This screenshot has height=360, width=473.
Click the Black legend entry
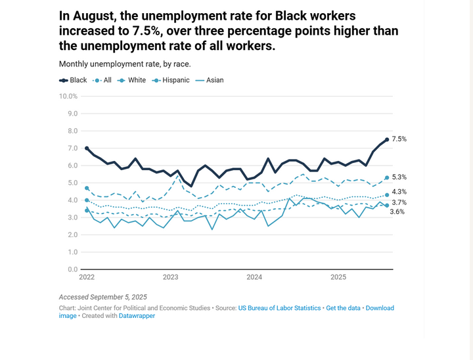[x=74, y=80]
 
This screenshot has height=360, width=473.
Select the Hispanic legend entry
[x=172, y=80]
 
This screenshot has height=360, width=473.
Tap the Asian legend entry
[x=210, y=80]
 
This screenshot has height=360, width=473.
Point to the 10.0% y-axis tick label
[x=68, y=96]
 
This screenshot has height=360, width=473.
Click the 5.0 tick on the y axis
[x=72, y=183]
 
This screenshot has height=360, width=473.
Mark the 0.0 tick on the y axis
[x=72, y=269]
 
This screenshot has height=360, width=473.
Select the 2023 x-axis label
[x=170, y=277]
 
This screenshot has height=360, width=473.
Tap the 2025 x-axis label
[x=338, y=277]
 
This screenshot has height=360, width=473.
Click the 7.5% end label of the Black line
[x=399, y=139]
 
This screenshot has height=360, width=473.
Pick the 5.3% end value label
[x=399, y=177]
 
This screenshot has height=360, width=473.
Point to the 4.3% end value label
[x=399, y=192]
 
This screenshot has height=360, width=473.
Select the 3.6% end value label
[x=397, y=212]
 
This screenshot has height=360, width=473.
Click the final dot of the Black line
[x=386, y=139]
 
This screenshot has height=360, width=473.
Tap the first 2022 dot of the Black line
[x=87, y=148]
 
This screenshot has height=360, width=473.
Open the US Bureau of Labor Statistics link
[x=279, y=307]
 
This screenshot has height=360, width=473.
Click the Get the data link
[x=344, y=307]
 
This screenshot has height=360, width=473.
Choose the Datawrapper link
[x=137, y=316]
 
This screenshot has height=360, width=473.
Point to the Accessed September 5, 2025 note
[x=103, y=297]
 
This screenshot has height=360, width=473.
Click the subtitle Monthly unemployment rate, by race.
[x=125, y=64]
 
